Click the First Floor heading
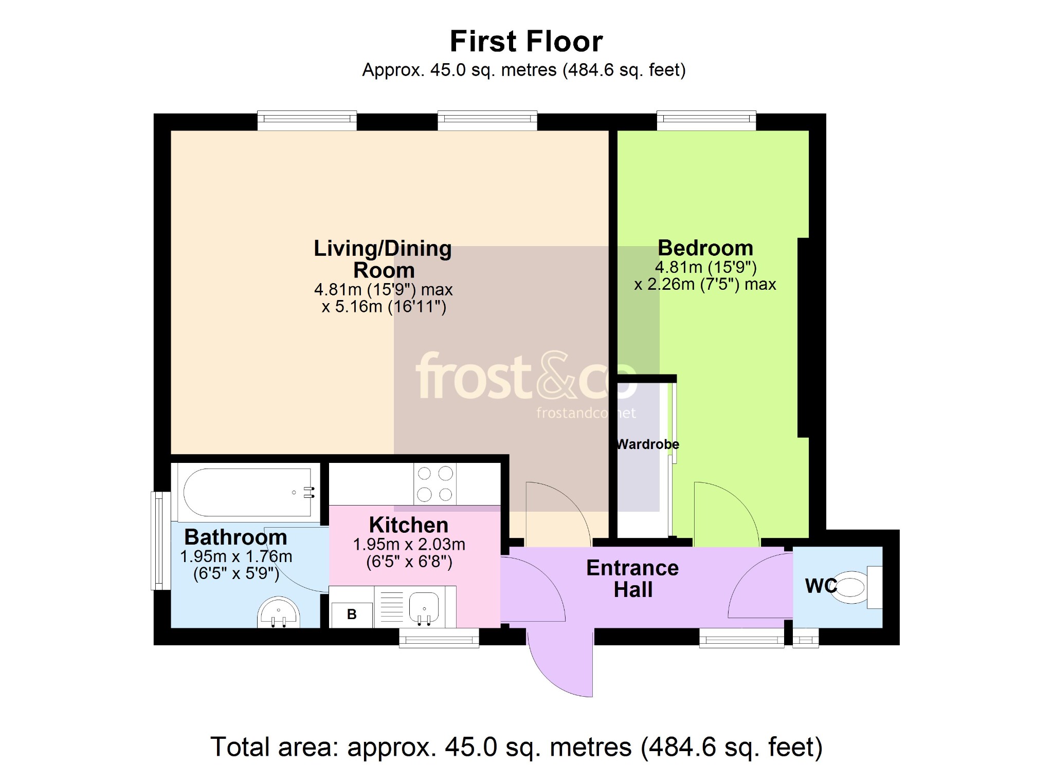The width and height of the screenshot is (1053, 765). [526, 42]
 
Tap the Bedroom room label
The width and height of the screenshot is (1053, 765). [705, 248]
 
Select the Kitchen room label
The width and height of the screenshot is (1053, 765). [409, 525]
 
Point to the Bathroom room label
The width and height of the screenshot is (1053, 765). [235, 537]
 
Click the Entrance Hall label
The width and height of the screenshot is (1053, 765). [632, 579]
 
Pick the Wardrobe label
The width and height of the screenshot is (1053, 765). [648, 444]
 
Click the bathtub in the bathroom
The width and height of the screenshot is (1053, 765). [248, 492]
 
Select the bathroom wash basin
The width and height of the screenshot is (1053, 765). [278, 612]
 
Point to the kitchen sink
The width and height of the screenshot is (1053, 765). [424, 607]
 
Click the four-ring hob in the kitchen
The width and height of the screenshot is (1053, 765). [435, 484]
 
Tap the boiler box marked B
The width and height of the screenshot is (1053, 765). [352, 614]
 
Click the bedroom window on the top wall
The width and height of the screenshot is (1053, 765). [706, 120]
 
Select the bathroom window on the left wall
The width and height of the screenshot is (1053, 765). [160, 541]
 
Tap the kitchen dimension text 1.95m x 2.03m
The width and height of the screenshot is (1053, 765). [409, 545]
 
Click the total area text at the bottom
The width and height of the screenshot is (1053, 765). [516, 747]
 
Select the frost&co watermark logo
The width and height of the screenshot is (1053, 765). [526, 376]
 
